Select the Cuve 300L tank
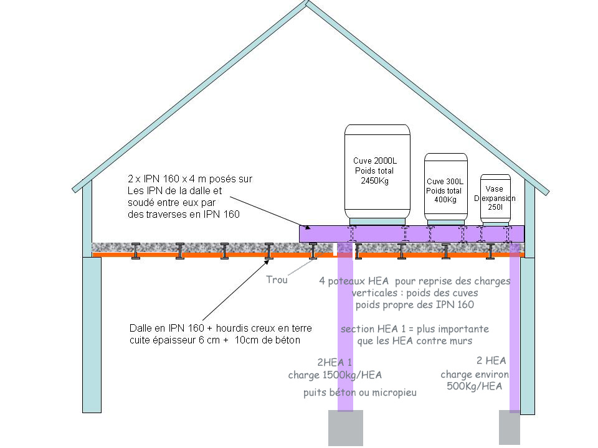click(x=445, y=187)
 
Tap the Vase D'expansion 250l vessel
click(x=495, y=198)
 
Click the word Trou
click(x=277, y=280)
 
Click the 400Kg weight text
click(x=445, y=199)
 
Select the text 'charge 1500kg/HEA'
click(x=335, y=375)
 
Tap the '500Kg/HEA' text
click(x=475, y=386)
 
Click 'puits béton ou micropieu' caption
click(x=360, y=393)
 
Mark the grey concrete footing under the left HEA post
click(x=345, y=428)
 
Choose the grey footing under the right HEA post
click(x=509, y=428)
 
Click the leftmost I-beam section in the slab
click(x=135, y=251)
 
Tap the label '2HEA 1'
click(x=335, y=362)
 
